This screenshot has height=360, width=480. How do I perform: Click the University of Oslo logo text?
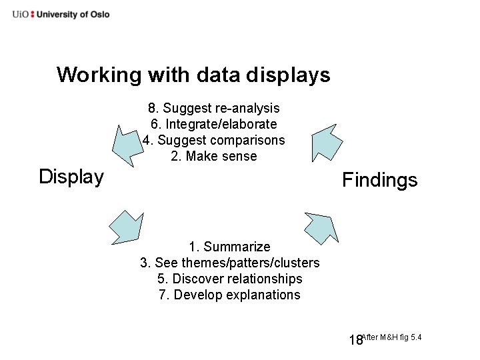point(61,14)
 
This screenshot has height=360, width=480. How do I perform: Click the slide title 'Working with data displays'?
point(193,75)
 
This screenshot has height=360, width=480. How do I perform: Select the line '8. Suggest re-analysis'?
point(213,108)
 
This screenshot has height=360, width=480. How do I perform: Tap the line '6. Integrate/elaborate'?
point(213,124)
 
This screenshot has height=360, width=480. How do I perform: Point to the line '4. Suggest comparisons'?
point(213,140)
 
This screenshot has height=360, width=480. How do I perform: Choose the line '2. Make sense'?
point(213,157)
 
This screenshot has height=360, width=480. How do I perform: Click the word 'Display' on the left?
point(71,177)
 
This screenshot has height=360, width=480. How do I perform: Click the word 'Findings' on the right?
point(379,180)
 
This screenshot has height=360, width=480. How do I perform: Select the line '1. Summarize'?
point(229,247)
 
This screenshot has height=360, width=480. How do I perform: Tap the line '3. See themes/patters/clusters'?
point(229,263)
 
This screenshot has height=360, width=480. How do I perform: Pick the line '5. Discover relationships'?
point(229,279)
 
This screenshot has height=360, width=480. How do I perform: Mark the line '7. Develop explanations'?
point(229,295)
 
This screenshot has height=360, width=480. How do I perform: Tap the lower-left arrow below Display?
point(127,227)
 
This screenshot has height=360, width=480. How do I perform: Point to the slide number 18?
point(355,341)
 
